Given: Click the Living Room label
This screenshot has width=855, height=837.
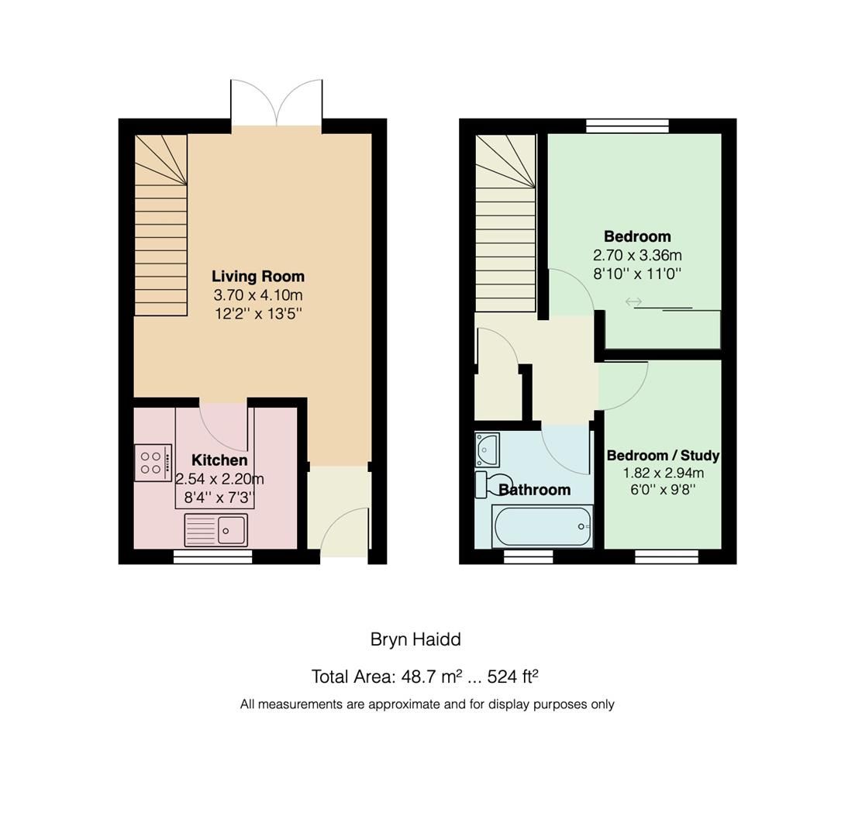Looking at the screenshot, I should click(x=257, y=277).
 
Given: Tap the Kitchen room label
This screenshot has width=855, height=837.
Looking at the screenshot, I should click(x=219, y=460).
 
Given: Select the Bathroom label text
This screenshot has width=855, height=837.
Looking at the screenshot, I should click(x=535, y=490).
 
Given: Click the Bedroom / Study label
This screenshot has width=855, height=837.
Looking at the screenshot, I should click(x=663, y=456).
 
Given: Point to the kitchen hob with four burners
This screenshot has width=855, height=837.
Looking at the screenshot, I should click(x=152, y=463).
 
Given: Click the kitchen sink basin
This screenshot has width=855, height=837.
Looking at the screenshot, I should click(x=231, y=530).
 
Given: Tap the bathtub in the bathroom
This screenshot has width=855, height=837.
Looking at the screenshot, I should click(x=542, y=526).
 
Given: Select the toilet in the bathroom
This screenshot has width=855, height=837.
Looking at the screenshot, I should click(x=491, y=484).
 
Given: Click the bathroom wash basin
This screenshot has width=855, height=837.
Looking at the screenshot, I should click(x=488, y=447).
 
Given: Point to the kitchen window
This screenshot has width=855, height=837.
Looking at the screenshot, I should click(x=212, y=556).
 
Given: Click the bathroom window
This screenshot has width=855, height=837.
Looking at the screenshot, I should click(x=528, y=556).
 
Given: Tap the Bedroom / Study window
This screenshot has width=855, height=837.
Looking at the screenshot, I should click(x=666, y=556).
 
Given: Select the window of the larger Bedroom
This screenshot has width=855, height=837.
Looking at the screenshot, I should click(x=627, y=126).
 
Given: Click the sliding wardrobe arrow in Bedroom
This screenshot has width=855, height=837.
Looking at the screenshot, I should click(x=633, y=301).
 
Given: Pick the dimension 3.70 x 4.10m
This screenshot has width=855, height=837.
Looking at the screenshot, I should click(x=257, y=295).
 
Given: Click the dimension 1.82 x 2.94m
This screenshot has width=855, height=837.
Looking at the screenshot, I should click(x=663, y=473).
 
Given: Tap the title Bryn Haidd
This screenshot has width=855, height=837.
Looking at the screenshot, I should click(x=415, y=639).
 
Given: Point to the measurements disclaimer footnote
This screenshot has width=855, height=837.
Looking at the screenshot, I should click(x=427, y=704).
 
